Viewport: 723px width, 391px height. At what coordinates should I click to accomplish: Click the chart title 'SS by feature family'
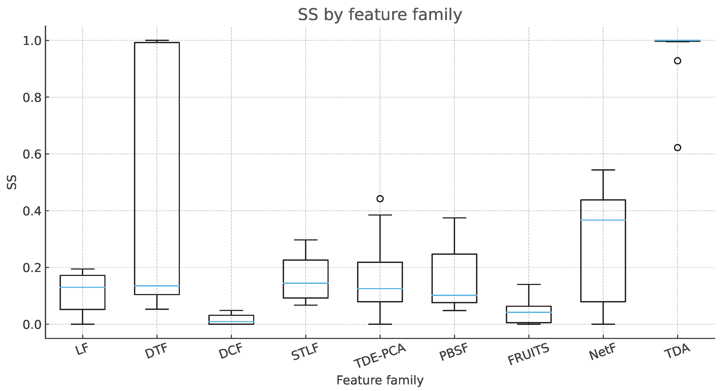(380, 15)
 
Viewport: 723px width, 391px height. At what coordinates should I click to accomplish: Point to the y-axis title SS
(12, 182)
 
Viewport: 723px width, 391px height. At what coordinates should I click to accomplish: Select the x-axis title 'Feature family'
(380, 380)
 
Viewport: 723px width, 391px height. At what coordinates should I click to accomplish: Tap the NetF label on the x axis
(603, 352)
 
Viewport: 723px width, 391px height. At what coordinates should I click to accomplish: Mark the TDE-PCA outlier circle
(380, 199)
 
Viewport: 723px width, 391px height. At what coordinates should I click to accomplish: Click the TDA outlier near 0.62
(678, 148)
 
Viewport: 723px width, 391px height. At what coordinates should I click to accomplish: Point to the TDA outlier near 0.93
(678, 61)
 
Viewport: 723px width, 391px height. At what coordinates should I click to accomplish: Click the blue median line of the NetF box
(603, 220)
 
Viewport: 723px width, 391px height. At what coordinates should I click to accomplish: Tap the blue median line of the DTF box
(157, 286)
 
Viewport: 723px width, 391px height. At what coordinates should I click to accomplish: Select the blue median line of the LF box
(83, 287)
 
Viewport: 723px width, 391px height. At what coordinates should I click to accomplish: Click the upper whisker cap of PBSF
(454, 218)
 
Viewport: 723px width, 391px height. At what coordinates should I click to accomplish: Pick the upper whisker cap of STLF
(306, 240)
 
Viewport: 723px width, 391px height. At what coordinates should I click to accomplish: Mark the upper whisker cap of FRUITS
(529, 285)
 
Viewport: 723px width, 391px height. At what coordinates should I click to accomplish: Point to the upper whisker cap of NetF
(603, 170)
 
